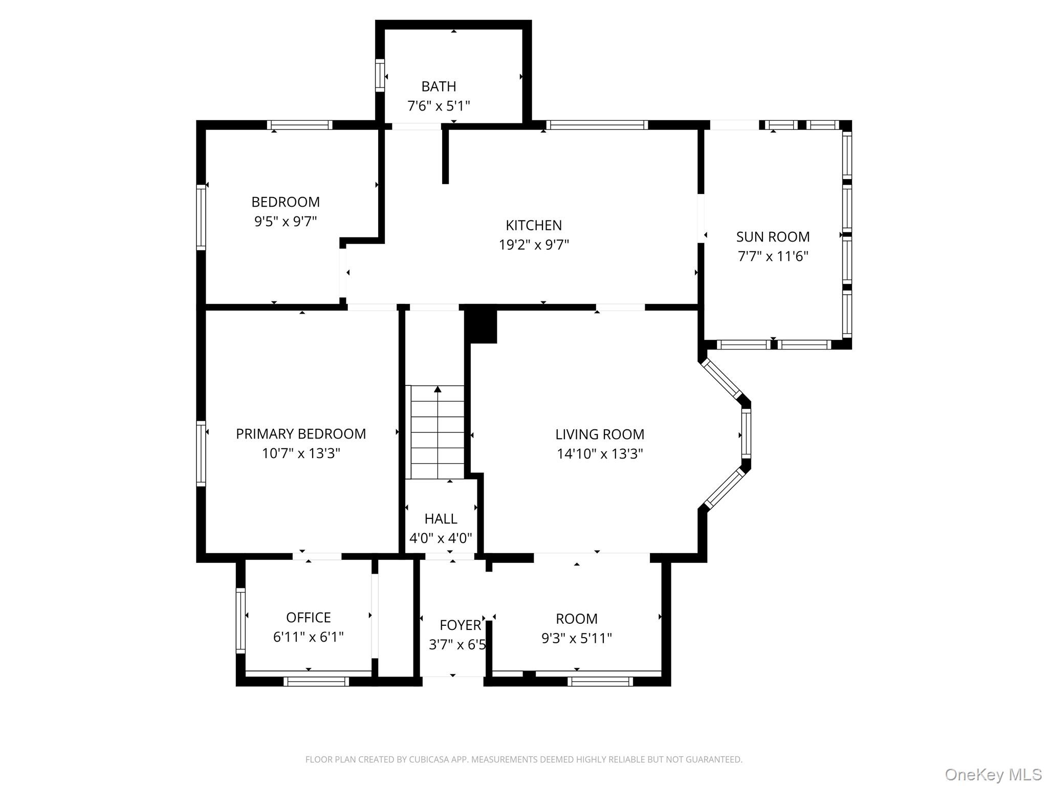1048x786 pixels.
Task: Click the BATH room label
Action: tap(439, 86)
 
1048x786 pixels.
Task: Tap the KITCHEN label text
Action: tap(534, 225)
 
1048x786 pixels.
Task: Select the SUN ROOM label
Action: tap(773, 237)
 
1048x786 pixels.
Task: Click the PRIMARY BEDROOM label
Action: tap(301, 434)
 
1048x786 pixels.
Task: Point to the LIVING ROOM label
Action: tap(600, 434)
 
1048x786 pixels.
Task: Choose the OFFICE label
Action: tap(309, 618)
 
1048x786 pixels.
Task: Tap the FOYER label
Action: tap(461, 625)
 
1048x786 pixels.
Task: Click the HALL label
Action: tap(441, 519)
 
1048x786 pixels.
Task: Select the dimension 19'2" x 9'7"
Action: tap(534, 245)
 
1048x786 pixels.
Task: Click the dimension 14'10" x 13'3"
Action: tap(600, 454)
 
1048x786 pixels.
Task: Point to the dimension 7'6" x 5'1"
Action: tap(439, 106)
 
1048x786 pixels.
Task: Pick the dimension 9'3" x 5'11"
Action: tap(577, 638)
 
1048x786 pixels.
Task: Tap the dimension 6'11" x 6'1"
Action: tap(309, 637)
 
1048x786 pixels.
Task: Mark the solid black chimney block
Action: tap(481, 324)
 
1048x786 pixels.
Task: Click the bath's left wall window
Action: tap(380, 76)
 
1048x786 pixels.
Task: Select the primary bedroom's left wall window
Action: tap(201, 453)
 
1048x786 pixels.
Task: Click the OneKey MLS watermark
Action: tap(993, 774)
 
